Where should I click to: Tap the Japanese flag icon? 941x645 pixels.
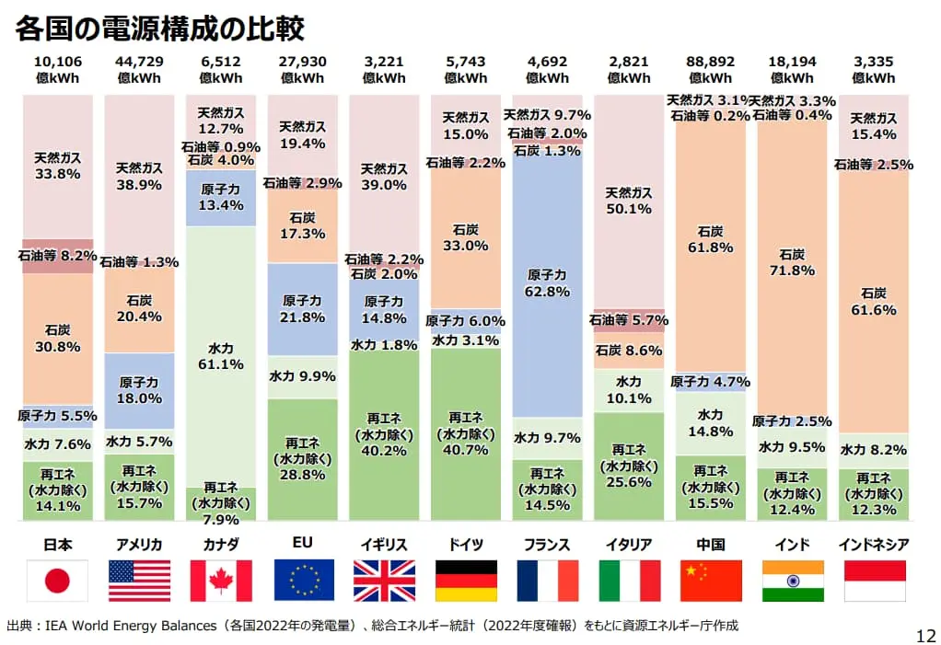click(x=57, y=581)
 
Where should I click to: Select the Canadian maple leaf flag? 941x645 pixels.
click(x=220, y=581)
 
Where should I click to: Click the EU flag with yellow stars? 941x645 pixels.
click(x=303, y=581)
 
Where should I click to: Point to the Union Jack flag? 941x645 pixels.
click(x=384, y=581)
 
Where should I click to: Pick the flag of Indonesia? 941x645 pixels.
click(x=874, y=581)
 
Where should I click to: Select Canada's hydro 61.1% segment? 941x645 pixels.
click(x=221, y=356)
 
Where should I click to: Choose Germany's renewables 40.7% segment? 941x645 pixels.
click(x=466, y=432)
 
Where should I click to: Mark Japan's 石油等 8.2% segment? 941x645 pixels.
click(x=57, y=256)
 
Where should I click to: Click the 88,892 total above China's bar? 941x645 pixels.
click(x=710, y=62)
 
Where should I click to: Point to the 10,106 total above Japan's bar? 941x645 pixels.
click(x=57, y=62)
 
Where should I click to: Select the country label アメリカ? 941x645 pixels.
click(x=139, y=545)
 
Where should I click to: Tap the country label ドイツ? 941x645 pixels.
click(x=466, y=545)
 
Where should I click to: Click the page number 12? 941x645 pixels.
click(x=925, y=634)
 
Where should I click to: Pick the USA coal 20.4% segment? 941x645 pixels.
click(x=139, y=308)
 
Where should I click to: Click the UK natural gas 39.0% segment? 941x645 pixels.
click(x=384, y=177)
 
